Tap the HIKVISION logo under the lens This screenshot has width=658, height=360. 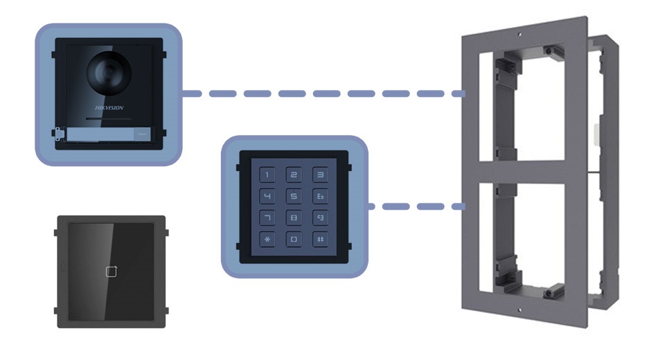(109, 108)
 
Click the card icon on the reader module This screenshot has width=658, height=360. (111, 271)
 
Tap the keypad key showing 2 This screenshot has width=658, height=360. (294, 176)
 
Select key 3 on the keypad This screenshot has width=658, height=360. (319, 176)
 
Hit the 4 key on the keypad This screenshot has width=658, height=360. (268, 197)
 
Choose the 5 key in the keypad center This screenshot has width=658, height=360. (294, 197)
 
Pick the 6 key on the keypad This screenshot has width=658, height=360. (319, 197)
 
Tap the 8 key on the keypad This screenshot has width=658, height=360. (294, 219)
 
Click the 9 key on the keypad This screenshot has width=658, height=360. (319, 219)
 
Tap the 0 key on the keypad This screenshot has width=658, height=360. (294, 240)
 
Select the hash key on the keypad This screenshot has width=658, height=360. (319, 240)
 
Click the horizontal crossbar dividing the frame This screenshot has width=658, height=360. (526, 171)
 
